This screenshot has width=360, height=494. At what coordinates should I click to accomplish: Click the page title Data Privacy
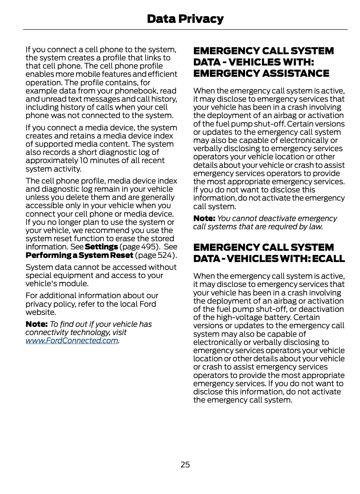[x=185, y=19]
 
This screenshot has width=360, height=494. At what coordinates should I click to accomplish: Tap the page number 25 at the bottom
[x=185, y=464]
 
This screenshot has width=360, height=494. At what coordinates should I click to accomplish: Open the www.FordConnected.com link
[x=72, y=340]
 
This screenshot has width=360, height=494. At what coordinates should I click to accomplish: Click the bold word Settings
[x=101, y=247]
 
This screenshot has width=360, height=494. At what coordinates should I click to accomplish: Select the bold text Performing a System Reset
[x=80, y=255]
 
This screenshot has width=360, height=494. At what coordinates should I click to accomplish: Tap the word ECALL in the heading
[x=328, y=259]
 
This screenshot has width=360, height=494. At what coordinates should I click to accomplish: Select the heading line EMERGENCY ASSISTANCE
[x=261, y=73]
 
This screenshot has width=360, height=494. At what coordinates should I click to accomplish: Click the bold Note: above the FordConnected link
[x=37, y=324]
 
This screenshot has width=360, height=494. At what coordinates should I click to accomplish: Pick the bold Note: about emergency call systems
[x=204, y=218]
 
